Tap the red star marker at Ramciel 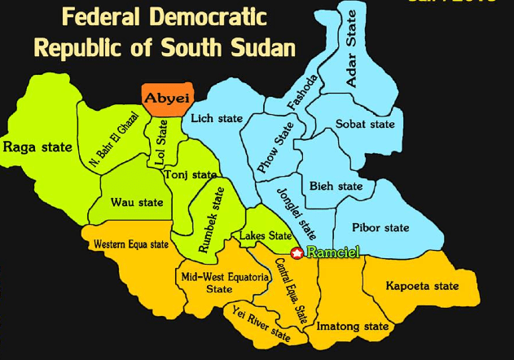(297, 253)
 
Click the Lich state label (217, 119)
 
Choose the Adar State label (352, 49)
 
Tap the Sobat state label (365, 125)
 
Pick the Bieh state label (336, 187)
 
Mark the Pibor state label (380, 227)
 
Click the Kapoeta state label (422, 286)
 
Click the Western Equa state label (130, 244)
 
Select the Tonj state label (191, 174)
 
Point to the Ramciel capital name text (332, 253)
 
